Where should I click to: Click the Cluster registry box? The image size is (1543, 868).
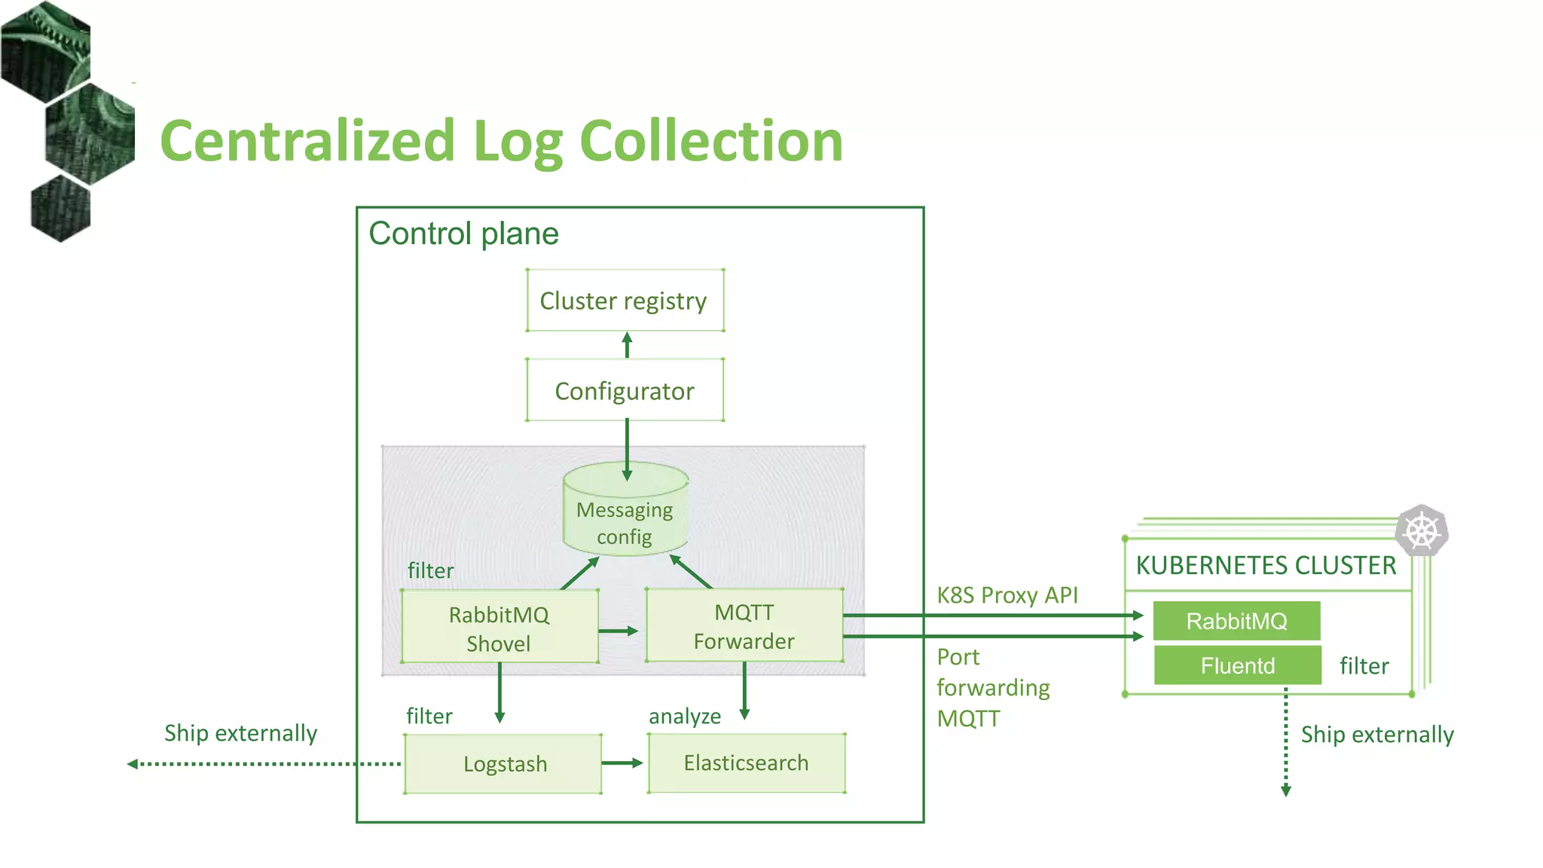coord(625,301)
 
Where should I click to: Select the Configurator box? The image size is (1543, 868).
coord(625,390)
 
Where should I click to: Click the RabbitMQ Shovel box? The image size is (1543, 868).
coord(500,628)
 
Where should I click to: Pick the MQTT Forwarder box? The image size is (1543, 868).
coord(744,626)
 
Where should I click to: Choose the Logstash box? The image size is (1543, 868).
coord(503,764)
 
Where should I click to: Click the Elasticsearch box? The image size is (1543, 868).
coord(746,763)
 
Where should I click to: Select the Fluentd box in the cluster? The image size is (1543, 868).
coord(1237,665)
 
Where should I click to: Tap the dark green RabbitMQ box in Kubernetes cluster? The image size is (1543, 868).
coord(1236,621)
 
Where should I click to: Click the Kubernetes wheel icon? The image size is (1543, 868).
coord(1421,531)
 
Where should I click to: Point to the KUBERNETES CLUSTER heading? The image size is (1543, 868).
coord(1266,565)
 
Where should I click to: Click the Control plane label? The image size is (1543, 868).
coord(463,234)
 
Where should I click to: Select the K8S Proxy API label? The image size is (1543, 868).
coord(1007,595)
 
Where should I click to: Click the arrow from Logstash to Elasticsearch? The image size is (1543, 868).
coord(622,763)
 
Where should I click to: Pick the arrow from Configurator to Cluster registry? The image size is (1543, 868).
coord(627,345)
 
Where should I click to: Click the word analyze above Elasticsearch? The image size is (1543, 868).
coord(684,716)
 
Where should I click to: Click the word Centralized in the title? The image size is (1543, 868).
coord(307,142)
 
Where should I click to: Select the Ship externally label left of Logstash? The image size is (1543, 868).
coord(240,733)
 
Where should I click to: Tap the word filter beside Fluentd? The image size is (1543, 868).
coord(1364,666)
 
